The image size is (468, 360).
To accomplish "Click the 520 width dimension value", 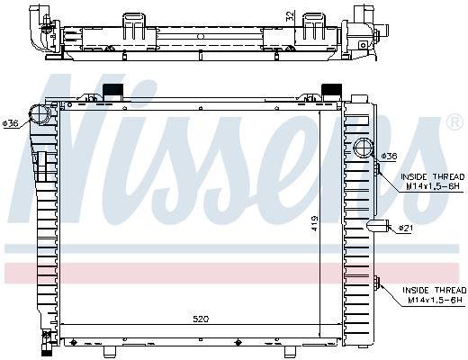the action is pos(201,319).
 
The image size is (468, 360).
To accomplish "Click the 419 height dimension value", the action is pos(314,223).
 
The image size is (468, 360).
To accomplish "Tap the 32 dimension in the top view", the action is pos(290,15).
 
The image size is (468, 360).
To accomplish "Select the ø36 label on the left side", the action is pos(11,123).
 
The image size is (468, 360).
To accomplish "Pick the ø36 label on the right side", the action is pos(389,156).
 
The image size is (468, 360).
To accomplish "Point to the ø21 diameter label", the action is pos(406,229).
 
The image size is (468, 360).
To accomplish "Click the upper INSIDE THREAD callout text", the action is pos(433,182).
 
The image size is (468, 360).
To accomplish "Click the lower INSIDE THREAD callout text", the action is pos(435,295).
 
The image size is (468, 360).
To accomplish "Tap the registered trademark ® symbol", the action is pos(454,121).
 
